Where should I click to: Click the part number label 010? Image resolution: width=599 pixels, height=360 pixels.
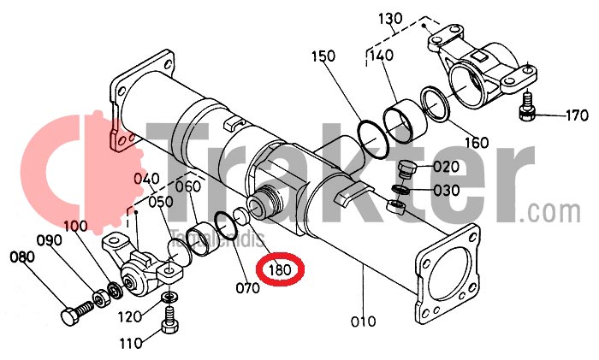click(x=364, y=322)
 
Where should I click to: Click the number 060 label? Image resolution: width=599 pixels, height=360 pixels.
click(x=187, y=187)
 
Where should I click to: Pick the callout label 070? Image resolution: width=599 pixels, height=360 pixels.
click(x=247, y=288)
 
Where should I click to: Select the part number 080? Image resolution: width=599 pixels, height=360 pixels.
click(x=22, y=256)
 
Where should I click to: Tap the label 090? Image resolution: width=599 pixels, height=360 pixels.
click(x=49, y=240)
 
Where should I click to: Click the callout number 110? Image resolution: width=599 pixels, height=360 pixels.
click(x=132, y=345)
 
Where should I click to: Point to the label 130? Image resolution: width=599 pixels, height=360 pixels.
click(x=390, y=19)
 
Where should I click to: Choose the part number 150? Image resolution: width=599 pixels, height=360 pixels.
click(x=323, y=57)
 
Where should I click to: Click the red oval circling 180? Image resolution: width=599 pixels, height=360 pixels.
click(x=281, y=271)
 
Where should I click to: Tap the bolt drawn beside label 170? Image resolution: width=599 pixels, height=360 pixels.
click(x=528, y=107)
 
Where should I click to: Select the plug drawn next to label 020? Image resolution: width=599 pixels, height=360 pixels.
click(x=408, y=168)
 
